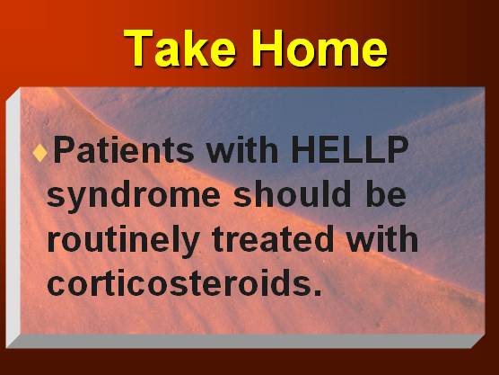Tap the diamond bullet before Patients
[39, 152]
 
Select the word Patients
[124, 150]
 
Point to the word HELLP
[350, 149]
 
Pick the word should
[293, 194]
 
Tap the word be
[386, 194]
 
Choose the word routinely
[123, 241]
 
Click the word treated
[273, 239]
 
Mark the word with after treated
[382, 239]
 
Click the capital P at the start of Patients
[65, 149]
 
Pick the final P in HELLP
[398, 149]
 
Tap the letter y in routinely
[189, 245]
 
